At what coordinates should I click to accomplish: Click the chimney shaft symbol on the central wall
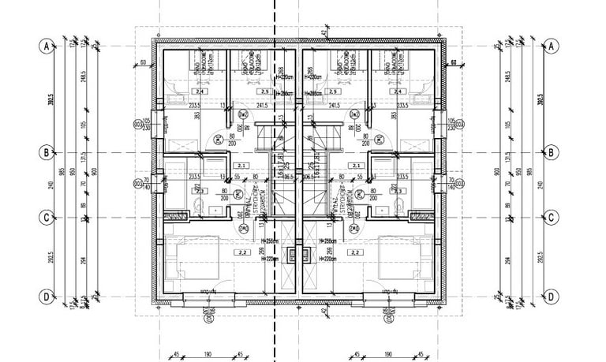tap(298, 254)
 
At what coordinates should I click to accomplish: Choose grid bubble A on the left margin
tap(47, 46)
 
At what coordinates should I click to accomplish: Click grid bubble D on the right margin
tap(552, 297)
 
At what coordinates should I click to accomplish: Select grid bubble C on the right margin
tap(552, 217)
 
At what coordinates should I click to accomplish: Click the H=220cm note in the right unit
tap(329, 256)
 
